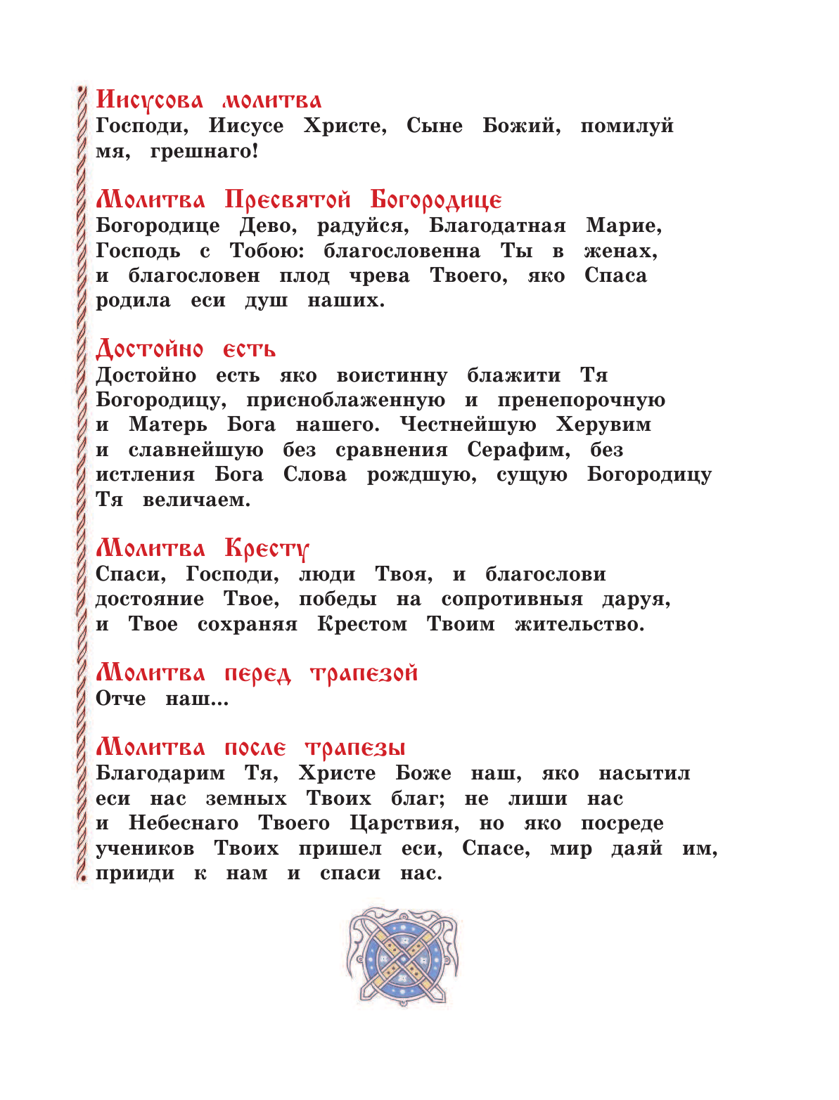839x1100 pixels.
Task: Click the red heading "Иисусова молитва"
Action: tap(208, 101)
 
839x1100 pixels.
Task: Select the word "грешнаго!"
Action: tap(204, 151)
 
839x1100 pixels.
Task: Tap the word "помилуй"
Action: tap(627, 127)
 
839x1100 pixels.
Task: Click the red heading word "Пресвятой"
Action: tap(287, 200)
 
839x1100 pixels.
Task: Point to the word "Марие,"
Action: tap(624, 226)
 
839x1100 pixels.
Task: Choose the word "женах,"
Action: tap(620, 252)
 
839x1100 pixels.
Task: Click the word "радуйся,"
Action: tap(363, 226)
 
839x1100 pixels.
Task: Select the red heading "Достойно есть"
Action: tap(186, 349)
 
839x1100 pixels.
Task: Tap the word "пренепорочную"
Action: tap(581, 401)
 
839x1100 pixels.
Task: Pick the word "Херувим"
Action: tap(603, 425)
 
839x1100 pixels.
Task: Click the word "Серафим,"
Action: tap(518, 451)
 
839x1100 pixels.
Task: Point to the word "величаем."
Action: tap(196, 500)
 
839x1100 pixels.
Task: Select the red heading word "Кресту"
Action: tap(267, 549)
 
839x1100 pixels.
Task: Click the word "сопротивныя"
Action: tap(512, 600)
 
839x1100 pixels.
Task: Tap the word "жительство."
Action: tap(579, 624)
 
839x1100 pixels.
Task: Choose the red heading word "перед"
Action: tap(257, 674)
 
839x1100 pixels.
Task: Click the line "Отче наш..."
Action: tap(162, 699)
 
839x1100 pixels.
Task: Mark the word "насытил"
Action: tap(644, 774)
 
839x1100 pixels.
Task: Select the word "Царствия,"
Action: tap(404, 824)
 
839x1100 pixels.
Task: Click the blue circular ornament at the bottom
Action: tap(402, 958)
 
